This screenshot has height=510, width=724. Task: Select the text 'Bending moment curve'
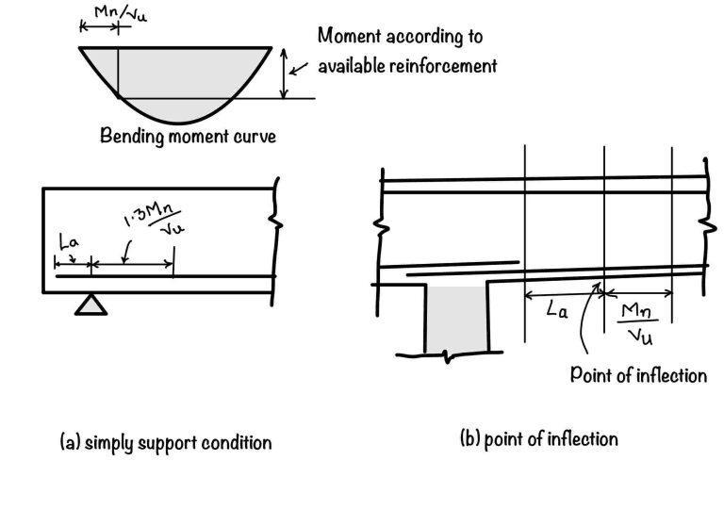(188, 136)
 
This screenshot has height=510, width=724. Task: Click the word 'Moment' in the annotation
(349, 37)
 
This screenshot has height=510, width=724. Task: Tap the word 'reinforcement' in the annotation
(448, 66)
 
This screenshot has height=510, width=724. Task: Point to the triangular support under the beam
(90, 303)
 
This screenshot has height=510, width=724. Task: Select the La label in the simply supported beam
(70, 245)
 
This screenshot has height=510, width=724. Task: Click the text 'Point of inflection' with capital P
(638, 375)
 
